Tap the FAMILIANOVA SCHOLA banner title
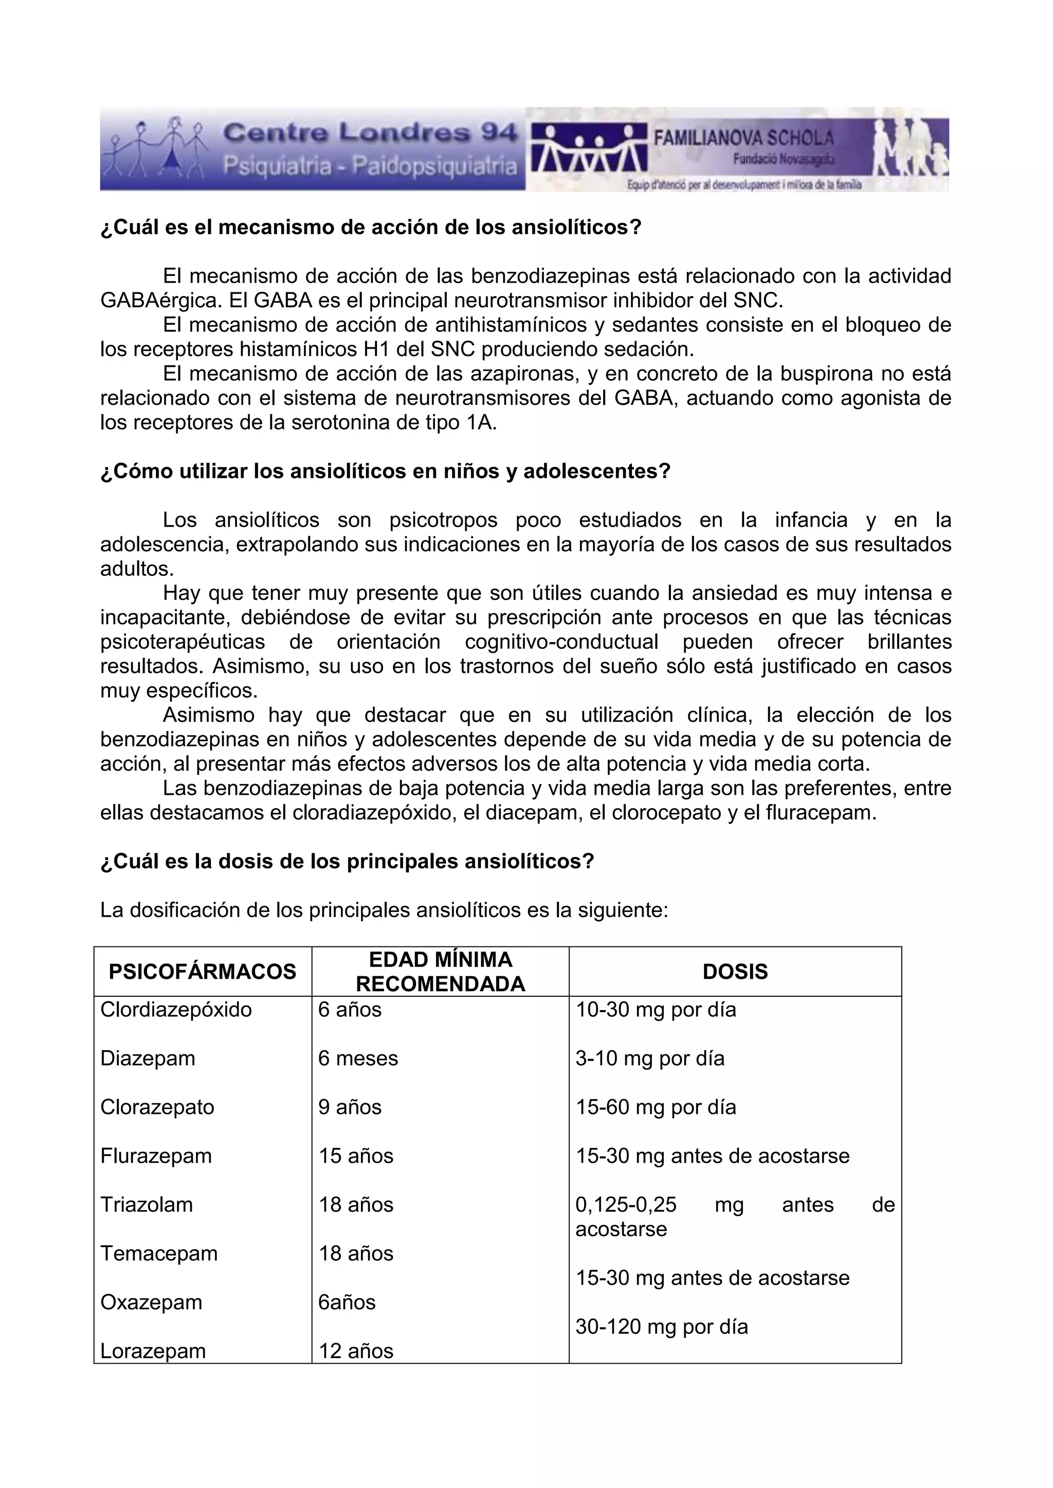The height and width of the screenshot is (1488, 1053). click(x=743, y=137)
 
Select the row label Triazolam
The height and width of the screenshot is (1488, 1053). click(x=147, y=1205)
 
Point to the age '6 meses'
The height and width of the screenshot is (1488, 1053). click(x=358, y=1058)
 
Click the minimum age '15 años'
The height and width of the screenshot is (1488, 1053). click(x=355, y=1156)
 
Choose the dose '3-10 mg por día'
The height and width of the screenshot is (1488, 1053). click(x=650, y=1058)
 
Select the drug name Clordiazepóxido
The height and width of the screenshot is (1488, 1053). click(x=176, y=1010)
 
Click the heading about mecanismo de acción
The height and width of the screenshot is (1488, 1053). click(x=370, y=228)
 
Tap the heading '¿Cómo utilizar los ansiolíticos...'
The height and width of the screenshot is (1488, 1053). click(x=385, y=471)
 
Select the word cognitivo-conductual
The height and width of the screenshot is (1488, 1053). click(x=561, y=642)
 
